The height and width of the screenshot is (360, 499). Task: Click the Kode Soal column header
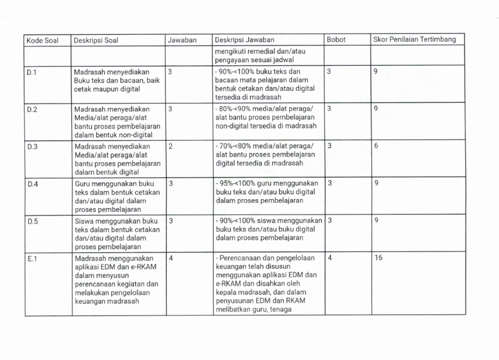[x=42, y=40]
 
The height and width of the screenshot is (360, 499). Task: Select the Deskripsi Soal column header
[x=96, y=40]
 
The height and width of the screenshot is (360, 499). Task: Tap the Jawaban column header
[x=182, y=40]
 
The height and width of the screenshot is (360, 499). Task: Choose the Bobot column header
[x=336, y=40]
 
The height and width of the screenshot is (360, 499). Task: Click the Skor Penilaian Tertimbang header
[x=414, y=40]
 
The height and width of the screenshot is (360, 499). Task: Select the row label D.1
[x=30, y=72]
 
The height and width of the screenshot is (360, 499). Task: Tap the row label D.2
[x=31, y=108]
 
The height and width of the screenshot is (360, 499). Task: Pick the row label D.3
[x=31, y=146]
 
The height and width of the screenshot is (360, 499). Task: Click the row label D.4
[x=31, y=183]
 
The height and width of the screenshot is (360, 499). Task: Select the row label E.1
[x=30, y=258]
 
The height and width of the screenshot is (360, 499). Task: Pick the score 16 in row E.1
[x=379, y=258]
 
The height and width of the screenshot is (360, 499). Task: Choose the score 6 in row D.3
[x=376, y=146]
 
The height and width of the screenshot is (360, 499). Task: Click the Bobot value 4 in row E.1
[x=329, y=258]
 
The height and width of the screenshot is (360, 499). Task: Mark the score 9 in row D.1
[x=376, y=72]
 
